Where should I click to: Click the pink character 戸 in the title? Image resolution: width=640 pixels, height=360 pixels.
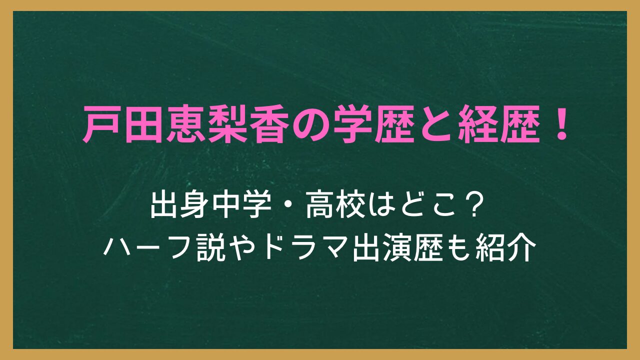pyautogui.click(x=102, y=124)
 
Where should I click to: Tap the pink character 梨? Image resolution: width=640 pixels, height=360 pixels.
pyautogui.click(x=227, y=124)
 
